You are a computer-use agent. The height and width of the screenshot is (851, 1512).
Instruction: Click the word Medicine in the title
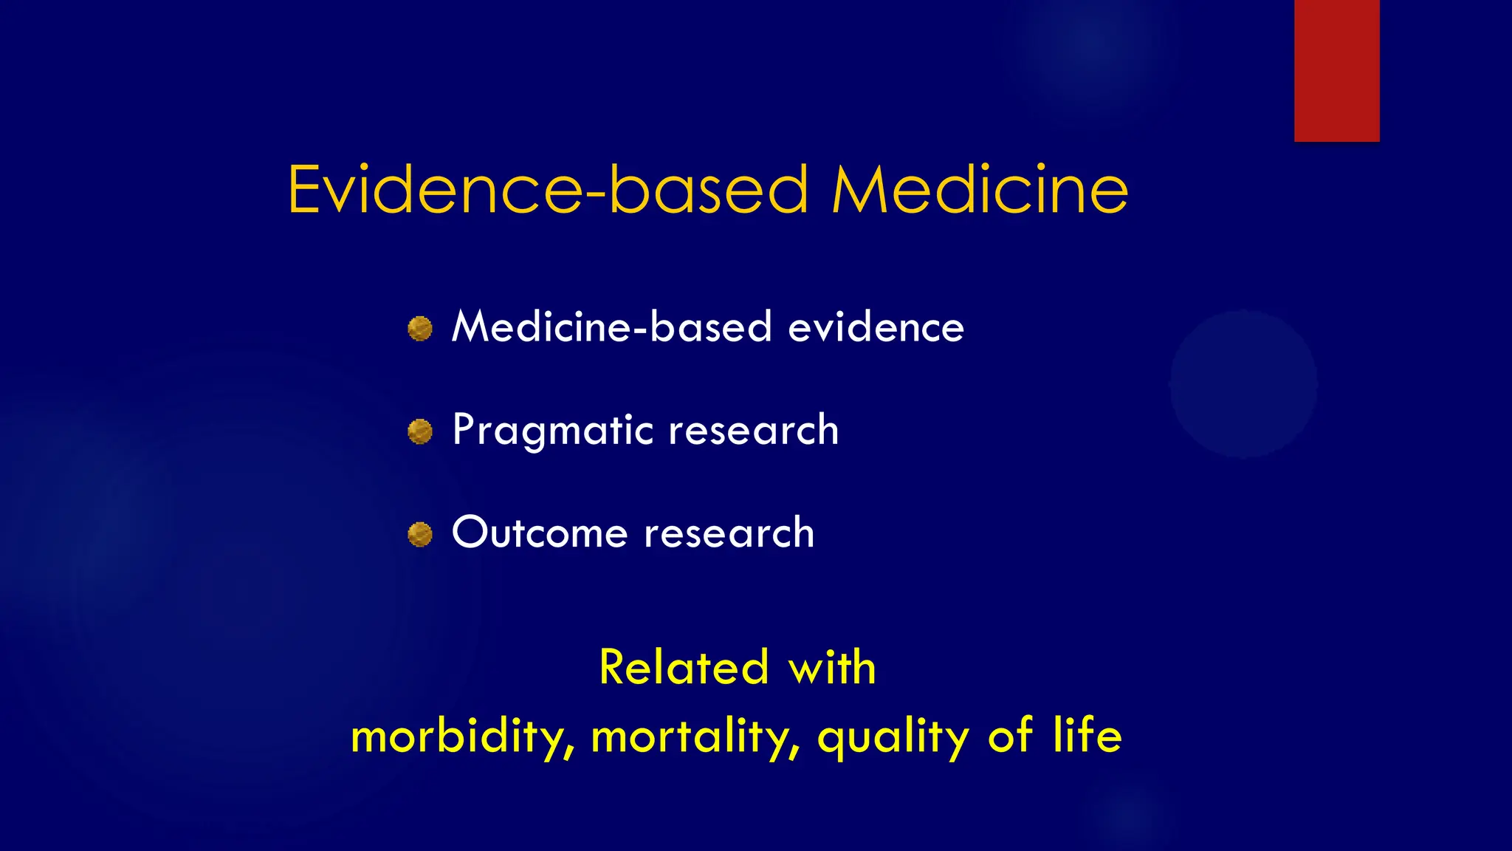coord(980,190)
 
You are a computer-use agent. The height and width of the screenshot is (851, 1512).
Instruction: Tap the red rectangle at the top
coord(1336,70)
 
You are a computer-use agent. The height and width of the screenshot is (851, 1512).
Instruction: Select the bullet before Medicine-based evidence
coord(420,329)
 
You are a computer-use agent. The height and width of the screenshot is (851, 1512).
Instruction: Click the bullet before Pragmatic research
coord(420,431)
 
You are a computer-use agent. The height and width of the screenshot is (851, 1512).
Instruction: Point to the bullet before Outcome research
coord(420,534)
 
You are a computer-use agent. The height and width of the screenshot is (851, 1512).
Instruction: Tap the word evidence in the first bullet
coord(876,327)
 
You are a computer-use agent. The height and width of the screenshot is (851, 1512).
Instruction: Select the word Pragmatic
coord(552,431)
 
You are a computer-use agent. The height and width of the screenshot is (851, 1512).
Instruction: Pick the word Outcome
coord(539,533)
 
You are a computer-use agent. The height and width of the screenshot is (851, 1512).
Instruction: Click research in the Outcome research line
coord(729,533)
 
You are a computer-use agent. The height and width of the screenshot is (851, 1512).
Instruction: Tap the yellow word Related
coord(684,667)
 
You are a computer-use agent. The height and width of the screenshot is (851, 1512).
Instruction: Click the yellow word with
coord(832,667)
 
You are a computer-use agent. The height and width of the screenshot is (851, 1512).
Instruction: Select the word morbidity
coord(462,737)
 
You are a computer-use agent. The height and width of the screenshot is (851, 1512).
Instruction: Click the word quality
coord(893,737)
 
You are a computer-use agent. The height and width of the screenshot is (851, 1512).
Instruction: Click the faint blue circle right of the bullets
coord(1243,384)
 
